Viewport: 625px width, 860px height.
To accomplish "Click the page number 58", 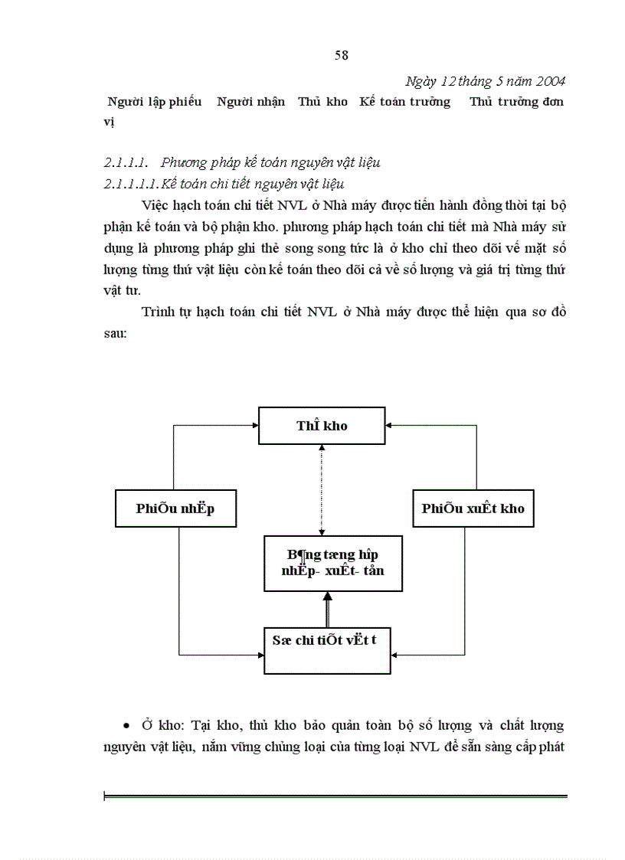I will (342, 54).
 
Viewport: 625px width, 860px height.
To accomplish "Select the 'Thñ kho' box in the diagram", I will (322, 426).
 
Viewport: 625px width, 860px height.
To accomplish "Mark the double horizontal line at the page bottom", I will (335, 797).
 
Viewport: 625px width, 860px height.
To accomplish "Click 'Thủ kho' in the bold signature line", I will (323, 102).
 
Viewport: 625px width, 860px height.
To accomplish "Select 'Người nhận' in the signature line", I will (250, 102).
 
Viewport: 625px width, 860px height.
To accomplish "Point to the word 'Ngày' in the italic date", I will (420, 81).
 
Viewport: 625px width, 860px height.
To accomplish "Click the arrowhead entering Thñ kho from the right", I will (389, 425).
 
